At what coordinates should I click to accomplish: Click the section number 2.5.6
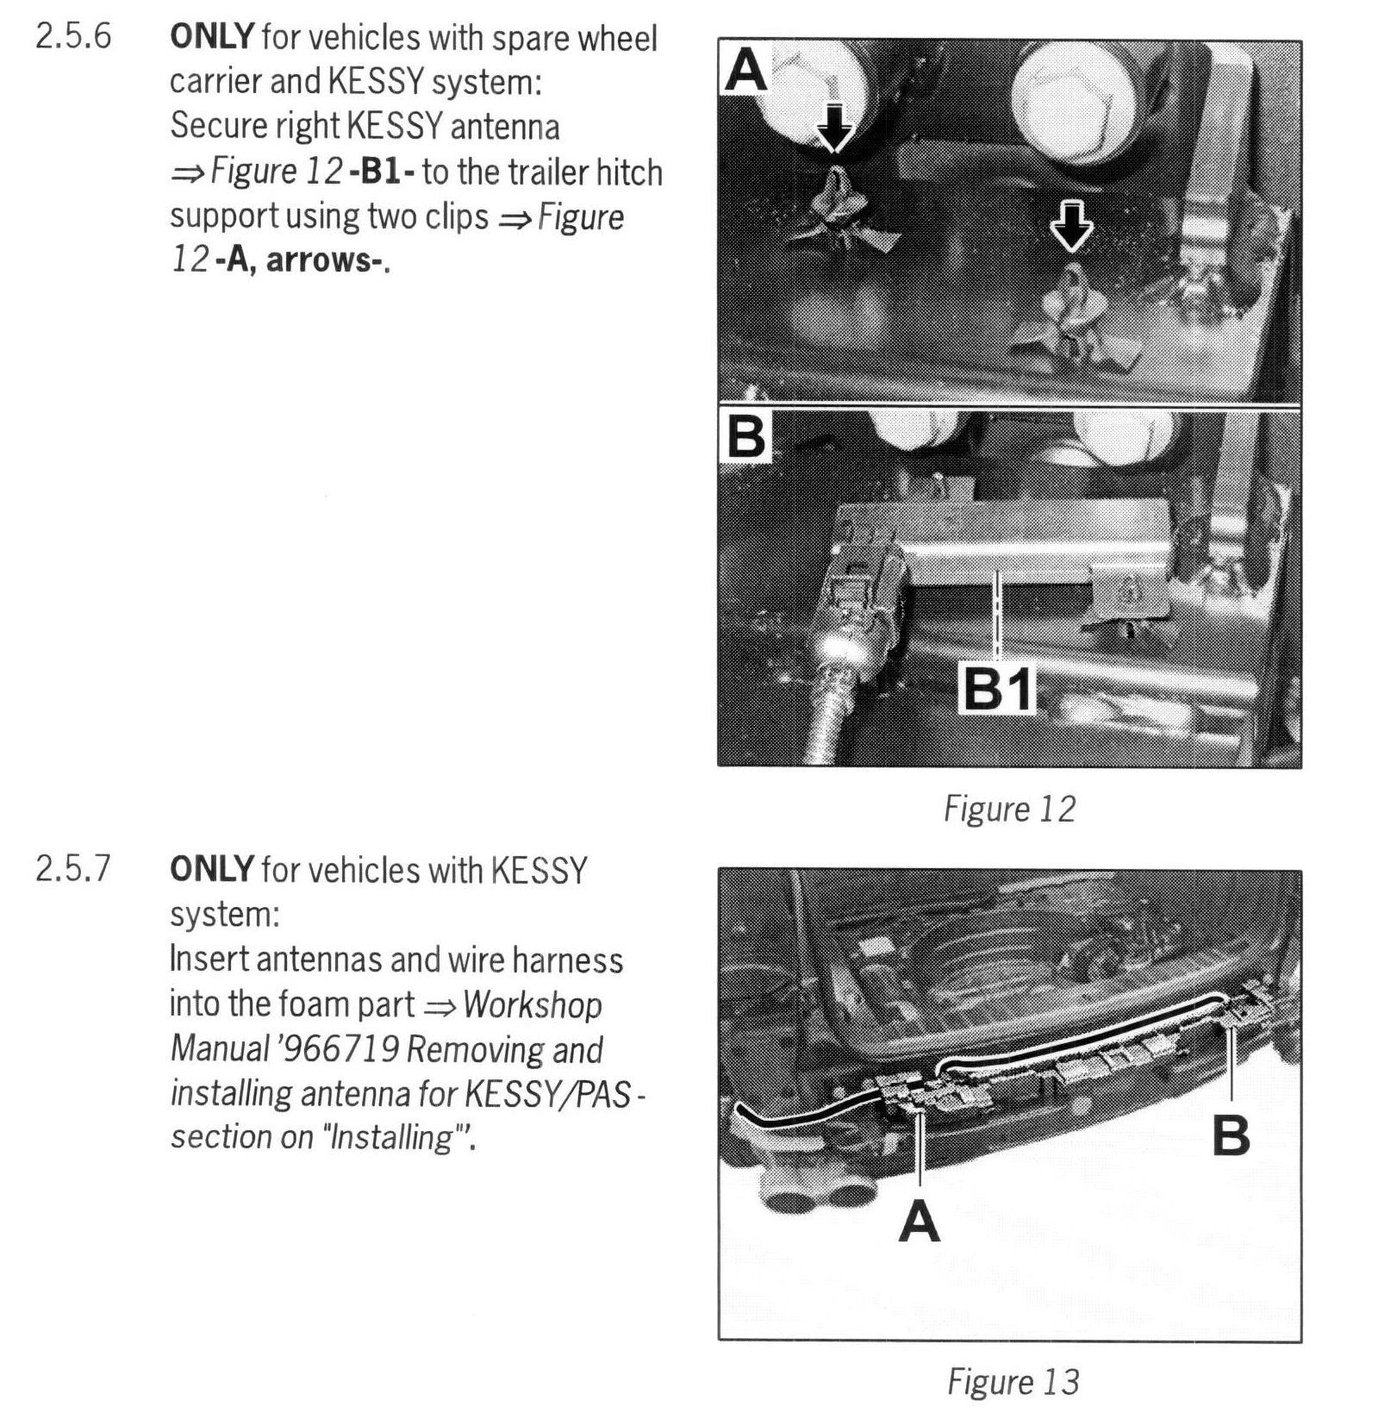click(73, 38)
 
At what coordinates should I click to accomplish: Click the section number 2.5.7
click(73, 869)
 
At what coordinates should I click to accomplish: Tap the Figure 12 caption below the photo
click(1009, 809)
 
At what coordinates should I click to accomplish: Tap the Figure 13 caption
click(1013, 1381)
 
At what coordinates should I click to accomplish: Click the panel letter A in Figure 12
click(746, 69)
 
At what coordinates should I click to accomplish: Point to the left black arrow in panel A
click(833, 127)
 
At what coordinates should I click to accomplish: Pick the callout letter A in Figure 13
click(920, 1222)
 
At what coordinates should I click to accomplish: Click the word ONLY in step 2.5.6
click(212, 38)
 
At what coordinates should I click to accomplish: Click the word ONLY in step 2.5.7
click(212, 869)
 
